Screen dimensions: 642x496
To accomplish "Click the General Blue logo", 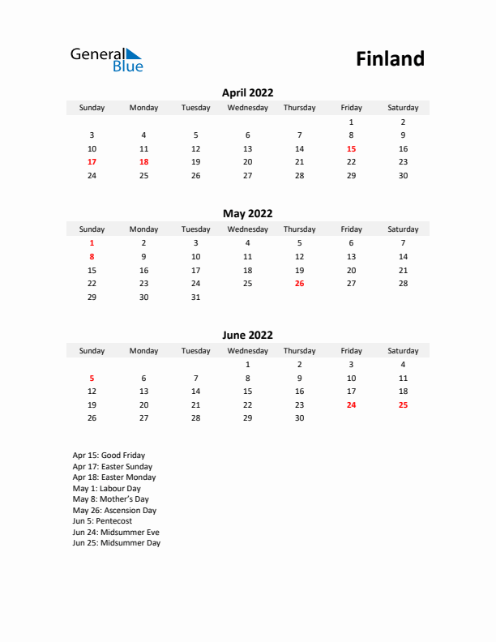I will pyautogui.click(x=106, y=59).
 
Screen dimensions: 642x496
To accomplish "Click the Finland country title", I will pyautogui.click(x=390, y=59).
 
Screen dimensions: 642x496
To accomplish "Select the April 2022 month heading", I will pyautogui.click(x=247, y=93).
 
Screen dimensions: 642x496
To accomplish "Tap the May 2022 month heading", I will pyautogui.click(x=247, y=214).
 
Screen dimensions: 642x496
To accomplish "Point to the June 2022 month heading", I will pyautogui.click(x=247, y=336).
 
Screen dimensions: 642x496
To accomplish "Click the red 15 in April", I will pyautogui.click(x=351, y=149).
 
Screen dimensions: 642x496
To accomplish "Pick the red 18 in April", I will pyautogui.click(x=143, y=162).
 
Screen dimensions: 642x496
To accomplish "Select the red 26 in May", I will pyautogui.click(x=299, y=284).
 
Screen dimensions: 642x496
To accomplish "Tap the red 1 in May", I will pyautogui.click(x=92, y=243).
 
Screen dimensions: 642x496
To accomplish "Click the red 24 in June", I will pyautogui.click(x=351, y=405).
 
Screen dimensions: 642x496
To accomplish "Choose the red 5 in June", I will pyautogui.click(x=92, y=378).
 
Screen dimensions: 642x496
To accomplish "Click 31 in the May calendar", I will pyautogui.click(x=195, y=297).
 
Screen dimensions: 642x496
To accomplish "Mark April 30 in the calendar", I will pyautogui.click(x=403, y=176).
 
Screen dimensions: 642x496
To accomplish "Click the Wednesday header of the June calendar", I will pyautogui.click(x=247, y=351).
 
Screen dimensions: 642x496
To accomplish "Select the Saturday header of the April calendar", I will pyautogui.click(x=403, y=108).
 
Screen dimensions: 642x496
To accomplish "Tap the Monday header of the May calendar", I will pyautogui.click(x=143, y=229).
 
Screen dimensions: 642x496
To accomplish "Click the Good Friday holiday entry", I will pyautogui.click(x=109, y=456).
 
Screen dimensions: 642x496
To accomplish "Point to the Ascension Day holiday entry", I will pyautogui.click(x=114, y=511).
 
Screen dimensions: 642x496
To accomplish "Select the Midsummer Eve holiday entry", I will pyautogui.click(x=116, y=533).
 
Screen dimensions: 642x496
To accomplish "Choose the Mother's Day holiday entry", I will pyautogui.click(x=110, y=499).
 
